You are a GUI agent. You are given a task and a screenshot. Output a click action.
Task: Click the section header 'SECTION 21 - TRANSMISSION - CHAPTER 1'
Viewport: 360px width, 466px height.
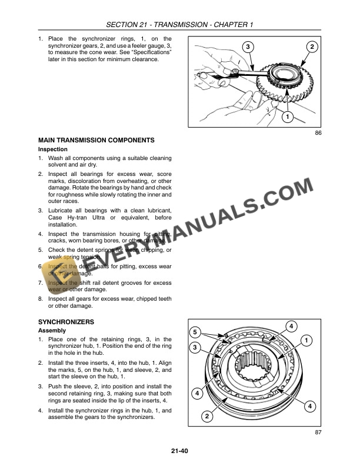coord(180,24)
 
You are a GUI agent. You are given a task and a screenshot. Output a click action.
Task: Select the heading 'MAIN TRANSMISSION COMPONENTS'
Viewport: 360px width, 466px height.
coord(96,140)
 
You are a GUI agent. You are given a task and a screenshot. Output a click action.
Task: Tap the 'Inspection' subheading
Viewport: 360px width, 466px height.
coord(53,149)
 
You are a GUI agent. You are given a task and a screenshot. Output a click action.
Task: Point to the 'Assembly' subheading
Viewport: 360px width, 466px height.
coord(52,331)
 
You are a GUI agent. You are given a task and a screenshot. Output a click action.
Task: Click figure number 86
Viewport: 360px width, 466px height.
coord(318,134)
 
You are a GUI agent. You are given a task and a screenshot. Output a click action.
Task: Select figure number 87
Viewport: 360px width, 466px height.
coord(318,434)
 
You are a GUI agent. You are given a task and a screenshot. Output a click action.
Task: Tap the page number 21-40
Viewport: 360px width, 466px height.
coord(179,452)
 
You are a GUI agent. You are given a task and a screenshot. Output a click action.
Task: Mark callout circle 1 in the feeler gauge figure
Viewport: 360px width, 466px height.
coord(286,117)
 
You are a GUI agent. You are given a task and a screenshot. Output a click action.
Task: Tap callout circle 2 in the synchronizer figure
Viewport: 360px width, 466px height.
coord(206,417)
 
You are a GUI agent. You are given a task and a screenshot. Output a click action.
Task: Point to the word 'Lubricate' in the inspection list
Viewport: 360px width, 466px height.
coord(62,210)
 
